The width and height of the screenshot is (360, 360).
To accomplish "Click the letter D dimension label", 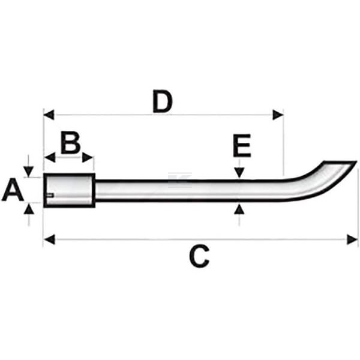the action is click(x=163, y=101).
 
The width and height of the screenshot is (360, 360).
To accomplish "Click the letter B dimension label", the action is click(x=70, y=142).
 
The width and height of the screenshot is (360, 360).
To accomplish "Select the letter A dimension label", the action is click(x=13, y=190).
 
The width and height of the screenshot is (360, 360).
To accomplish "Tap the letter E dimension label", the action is click(x=242, y=146).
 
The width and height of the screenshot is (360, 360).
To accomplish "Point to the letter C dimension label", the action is click(x=199, y=256).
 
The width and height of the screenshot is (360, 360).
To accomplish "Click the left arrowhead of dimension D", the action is click(x=49, y=115).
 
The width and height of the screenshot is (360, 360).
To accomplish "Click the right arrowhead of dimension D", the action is click(x=278, y=115).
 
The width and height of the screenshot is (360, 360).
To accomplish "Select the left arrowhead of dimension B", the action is click(x=50, y=157).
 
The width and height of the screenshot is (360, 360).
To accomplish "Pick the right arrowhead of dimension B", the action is click(x=88, y=157).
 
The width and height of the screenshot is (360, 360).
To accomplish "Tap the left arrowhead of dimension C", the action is click(x=49, y=239).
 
